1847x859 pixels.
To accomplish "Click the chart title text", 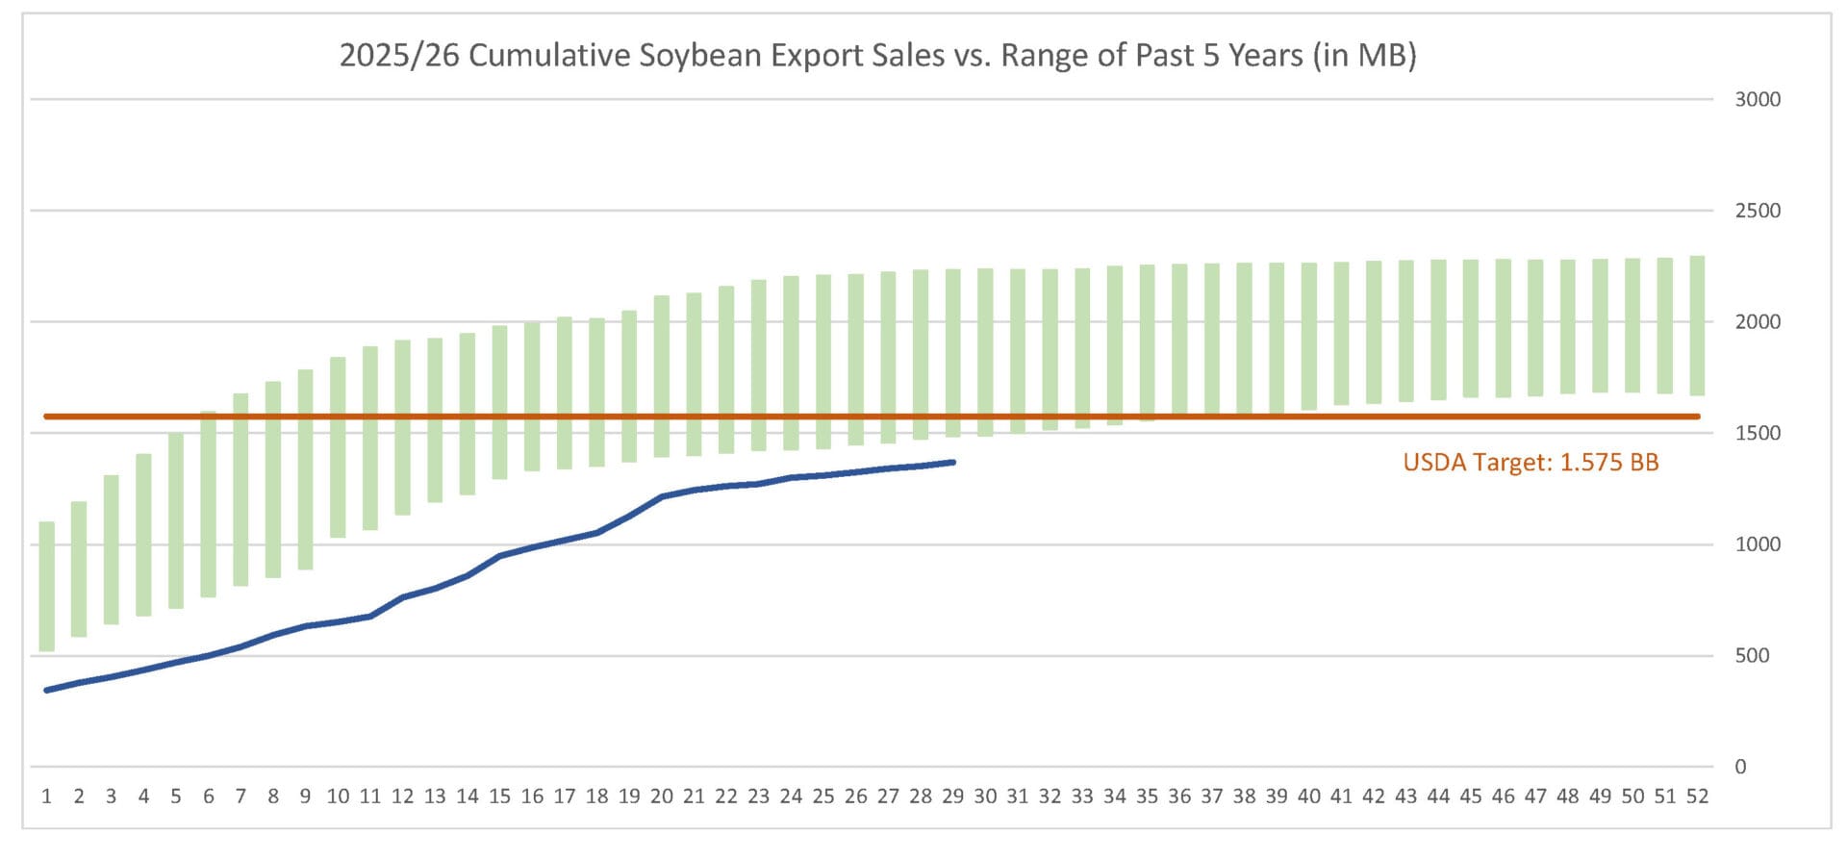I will click(877, 56).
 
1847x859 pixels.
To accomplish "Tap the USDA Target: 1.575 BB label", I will click(1531, 463).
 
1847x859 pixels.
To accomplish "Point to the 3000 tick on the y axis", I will click(1757, 99).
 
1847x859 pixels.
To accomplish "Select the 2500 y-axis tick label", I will click(1757, 211).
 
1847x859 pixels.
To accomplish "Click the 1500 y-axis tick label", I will click(1757, 433).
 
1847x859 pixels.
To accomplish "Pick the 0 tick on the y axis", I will click(1740, 767).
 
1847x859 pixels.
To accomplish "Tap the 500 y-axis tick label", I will click(1752, 655).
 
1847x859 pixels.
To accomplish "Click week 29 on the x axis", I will click(952, 796).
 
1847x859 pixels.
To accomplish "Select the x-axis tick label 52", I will click(1697, 796).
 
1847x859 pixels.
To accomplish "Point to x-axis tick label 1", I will click(46, 796).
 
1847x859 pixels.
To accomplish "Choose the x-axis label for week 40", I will click(1308, 796).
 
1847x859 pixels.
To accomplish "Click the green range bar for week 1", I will click(46, 586).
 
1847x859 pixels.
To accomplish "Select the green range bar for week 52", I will click(1697, 325).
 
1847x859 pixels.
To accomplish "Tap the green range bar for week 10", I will click(338, 447).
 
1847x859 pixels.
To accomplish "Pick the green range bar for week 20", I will click(662, 376).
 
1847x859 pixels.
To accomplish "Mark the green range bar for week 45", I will click(1470, 328).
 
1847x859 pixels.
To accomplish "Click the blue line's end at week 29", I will click(952, 463).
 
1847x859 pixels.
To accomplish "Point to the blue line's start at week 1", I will click(46, 690).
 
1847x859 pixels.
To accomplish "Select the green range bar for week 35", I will click(1147, 342).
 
